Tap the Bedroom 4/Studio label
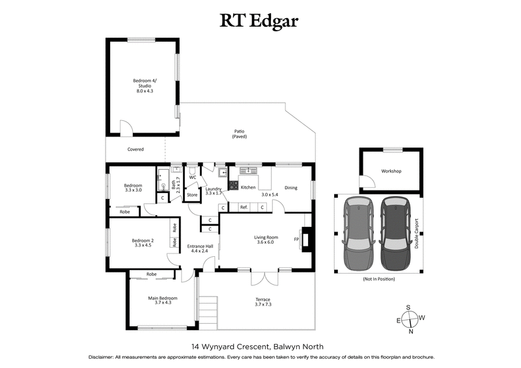(x=143, y=86)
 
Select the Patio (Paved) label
(x=240, y=135)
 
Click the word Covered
(x=135, y=150)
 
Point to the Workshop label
(x=391, y=172)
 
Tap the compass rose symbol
(x=410, y=319)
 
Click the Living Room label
(x=266, y=240)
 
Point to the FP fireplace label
(x=297, y=239)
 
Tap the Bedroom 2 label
(x=143, y=243)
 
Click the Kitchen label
(x=248, y=187)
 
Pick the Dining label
(x=290, y=188)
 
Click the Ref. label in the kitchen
(x=244, y=207)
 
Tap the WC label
(x=193, y=177)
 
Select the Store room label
(x=192, y=194)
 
